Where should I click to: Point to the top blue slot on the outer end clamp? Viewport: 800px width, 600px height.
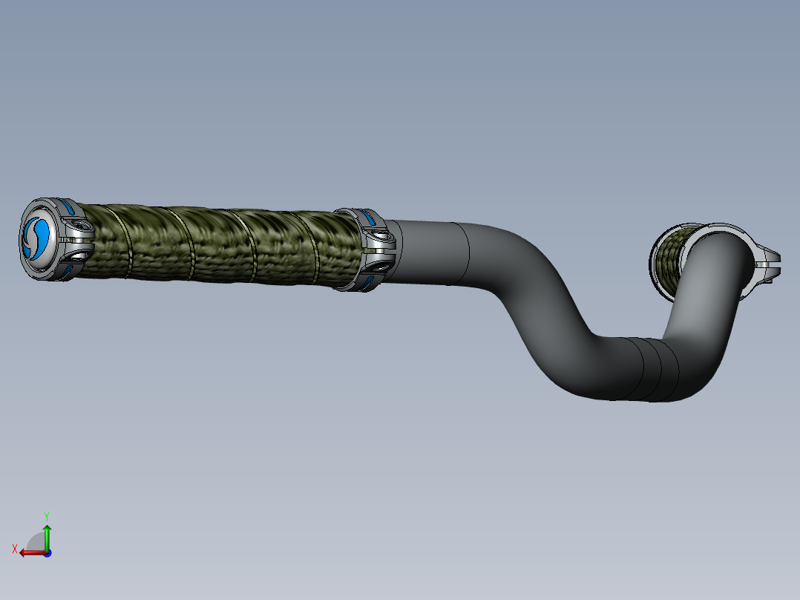pos(68,206)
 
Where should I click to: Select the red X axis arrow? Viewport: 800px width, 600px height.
pos(30,552)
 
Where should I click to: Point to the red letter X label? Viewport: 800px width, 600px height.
pos(14,549)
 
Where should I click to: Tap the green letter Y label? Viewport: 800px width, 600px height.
pos(47,515)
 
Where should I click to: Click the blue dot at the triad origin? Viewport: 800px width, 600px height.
pos(47,552)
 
